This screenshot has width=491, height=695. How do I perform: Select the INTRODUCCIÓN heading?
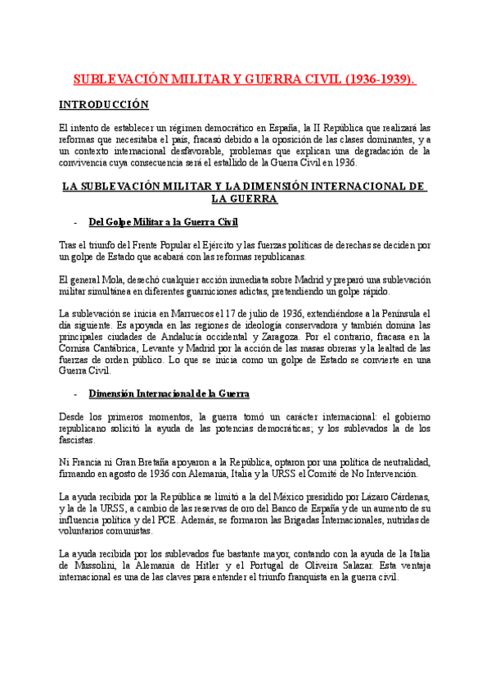click(104, 105)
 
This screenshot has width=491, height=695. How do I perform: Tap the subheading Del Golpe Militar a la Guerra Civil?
click(163, 222)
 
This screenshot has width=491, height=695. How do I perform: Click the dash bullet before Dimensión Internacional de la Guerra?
click(74, 394)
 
